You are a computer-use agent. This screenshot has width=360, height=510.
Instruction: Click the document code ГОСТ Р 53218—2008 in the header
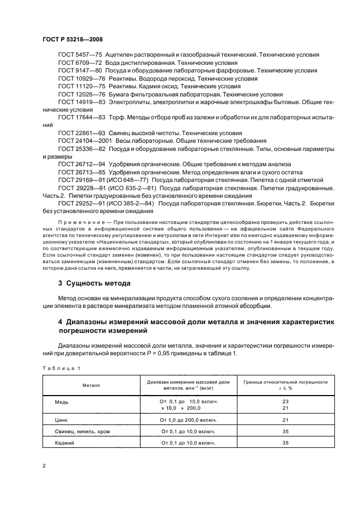pyautogui.click(x=72, y=40)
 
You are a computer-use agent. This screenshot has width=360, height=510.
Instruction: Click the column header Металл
pyautogui.click(x=91, y=385)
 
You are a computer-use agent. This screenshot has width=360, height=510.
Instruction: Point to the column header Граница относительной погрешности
pyautogui.click(x=285, y=382)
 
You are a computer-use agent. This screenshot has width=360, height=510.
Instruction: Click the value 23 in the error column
pyautogui.click(x=285, y=402)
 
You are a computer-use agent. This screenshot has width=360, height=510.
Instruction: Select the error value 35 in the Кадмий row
pyautogui.click(x=285, y=443)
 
